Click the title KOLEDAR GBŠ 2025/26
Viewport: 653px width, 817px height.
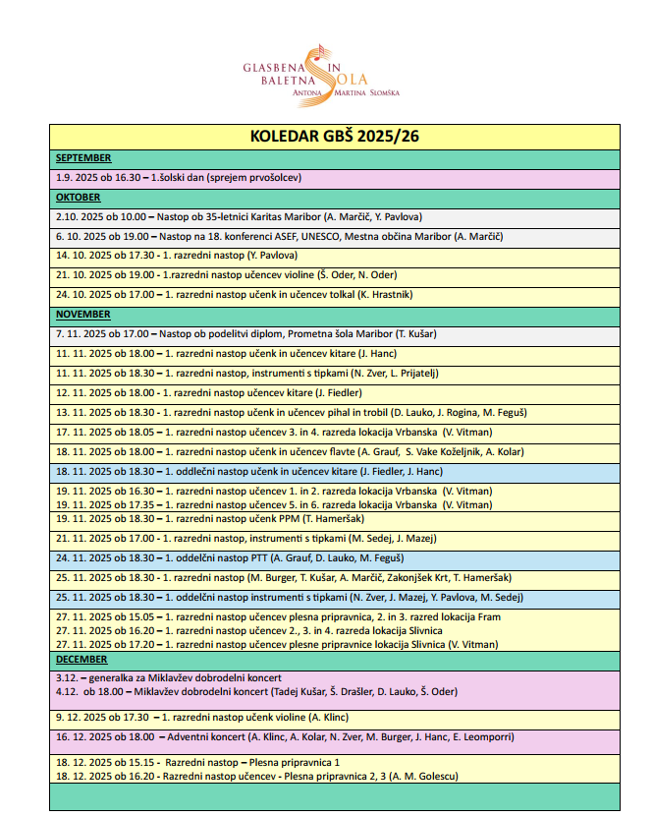pos(334,137)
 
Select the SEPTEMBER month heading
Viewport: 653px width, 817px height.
pos(83,157)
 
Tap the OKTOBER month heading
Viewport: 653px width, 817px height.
pos(79,198)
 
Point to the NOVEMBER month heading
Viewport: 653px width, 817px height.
pos(83,315)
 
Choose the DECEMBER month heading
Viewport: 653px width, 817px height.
pos(82,660)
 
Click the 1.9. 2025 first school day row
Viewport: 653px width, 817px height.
pos(178,178)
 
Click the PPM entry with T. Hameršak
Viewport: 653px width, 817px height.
pos(217,518)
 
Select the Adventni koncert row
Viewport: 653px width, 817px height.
pos(284,736)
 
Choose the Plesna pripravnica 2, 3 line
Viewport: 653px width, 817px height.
pos(255,776)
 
